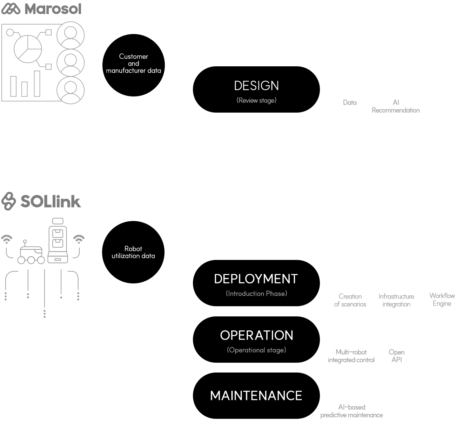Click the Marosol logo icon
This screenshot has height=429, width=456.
click(11, 9)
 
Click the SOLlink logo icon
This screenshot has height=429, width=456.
click(9, 201)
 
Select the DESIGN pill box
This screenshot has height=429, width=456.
click(256, 89)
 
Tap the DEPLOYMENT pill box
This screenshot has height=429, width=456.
click(256, 283)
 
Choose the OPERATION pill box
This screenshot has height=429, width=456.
click(256, 340)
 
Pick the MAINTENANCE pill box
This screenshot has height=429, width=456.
click(256, 395)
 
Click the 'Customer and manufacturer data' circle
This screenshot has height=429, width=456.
click(133, 65)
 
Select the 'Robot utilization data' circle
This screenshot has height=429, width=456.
click(133, 252)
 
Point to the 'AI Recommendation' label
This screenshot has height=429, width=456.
click(396, 106)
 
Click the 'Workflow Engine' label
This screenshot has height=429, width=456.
click(442, 300)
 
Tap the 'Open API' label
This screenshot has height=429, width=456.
click(396, 356)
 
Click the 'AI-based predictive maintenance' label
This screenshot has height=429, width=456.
click(351, 411)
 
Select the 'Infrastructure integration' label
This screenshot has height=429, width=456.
click(396, 300)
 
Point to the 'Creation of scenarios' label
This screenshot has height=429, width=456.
click(350, 300)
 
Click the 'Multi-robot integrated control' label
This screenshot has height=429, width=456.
click(351, 356)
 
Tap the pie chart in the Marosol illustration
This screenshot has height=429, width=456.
click(28, 49)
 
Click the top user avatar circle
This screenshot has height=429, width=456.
click(71, 35)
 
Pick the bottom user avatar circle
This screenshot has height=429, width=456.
click(71, 90)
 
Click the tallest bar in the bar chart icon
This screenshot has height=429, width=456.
click(37, 83)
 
